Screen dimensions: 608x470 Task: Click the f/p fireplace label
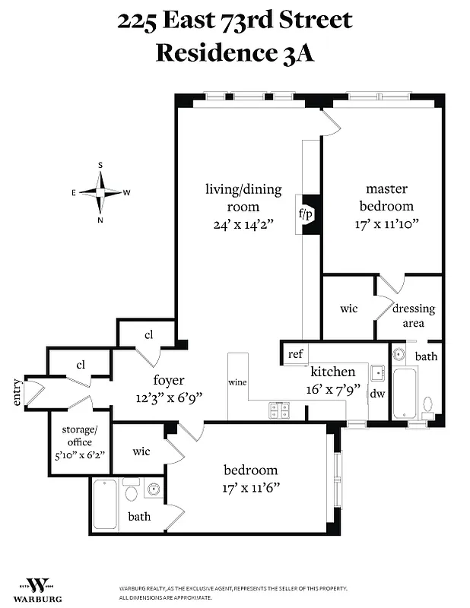307,215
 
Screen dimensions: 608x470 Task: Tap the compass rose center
100,192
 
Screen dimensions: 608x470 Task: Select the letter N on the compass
100,220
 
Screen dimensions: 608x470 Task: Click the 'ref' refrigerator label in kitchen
294,354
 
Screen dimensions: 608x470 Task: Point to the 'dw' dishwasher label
377,394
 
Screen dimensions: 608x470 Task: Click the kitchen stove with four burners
279,410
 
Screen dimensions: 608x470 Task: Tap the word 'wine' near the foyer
237,382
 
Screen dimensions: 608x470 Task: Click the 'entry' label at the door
17,393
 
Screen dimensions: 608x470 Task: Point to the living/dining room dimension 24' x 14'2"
243,224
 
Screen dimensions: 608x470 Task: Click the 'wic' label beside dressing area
348,310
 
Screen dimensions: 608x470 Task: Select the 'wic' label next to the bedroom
141,451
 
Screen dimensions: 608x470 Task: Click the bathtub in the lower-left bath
105,504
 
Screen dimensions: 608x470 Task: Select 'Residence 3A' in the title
234,52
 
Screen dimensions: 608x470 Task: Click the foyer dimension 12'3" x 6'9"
169,397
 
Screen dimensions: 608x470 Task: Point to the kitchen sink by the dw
377,373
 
